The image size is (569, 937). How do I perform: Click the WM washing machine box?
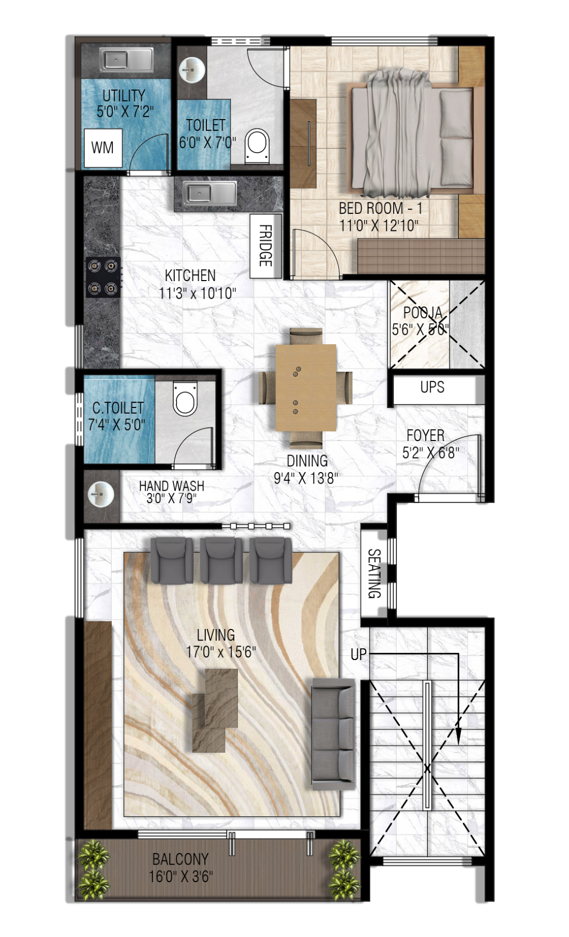point(103,148)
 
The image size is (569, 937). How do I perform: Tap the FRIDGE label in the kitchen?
point(265,245)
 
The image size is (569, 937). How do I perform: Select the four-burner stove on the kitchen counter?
point(103,277)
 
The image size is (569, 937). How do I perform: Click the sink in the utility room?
point(126,60)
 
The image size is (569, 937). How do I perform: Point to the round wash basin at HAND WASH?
point(100,494)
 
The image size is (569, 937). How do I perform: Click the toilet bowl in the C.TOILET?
point(185,398)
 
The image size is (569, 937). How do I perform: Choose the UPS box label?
point(432,387)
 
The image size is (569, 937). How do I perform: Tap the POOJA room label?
point(423,313)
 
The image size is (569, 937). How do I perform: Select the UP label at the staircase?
point(358,654)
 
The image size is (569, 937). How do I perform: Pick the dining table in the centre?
point(306,387)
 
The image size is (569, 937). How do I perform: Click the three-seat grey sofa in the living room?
point(333,734)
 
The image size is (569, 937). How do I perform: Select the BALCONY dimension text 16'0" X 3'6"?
point(181,876)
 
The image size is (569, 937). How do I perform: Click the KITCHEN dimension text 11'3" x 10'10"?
point(197,294)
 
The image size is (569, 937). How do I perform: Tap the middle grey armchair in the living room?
point(221,560)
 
